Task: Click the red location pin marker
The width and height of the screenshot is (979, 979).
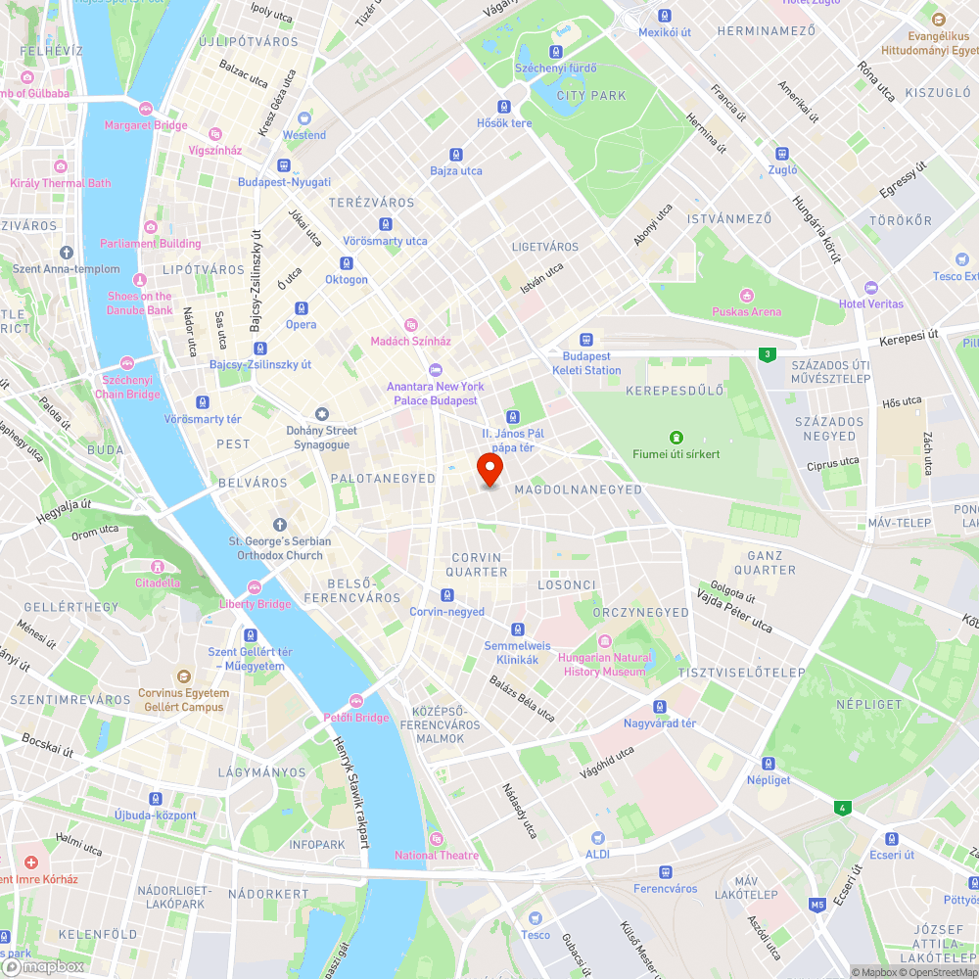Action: [x=489, y=470]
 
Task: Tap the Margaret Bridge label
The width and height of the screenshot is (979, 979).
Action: [x=146, y=125]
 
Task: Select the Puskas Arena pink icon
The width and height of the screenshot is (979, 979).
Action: [x=747, y=296]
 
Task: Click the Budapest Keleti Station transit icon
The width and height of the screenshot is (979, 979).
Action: [x=585, y=339]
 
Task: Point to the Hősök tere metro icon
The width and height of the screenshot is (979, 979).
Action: [x=504, y=107]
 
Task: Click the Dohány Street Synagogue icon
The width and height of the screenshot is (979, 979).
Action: [x=321, y=414]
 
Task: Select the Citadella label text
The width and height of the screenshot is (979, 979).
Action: [x=157, y=583]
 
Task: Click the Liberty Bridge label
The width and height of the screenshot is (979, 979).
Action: [x=255, y=604]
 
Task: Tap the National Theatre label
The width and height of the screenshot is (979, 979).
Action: [x=437, y=856]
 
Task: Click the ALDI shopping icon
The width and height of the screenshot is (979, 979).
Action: [x=597, y=837]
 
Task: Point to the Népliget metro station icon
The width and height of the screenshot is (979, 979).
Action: [x=769, y=764]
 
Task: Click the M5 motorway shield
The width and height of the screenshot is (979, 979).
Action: [x=817, y=906]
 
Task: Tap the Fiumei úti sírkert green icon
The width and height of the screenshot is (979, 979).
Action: [x=676, y=437]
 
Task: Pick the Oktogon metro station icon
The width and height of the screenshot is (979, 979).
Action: [x=346, y=262]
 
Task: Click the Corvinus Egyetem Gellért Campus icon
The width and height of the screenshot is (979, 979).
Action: [x=183, y=676]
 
